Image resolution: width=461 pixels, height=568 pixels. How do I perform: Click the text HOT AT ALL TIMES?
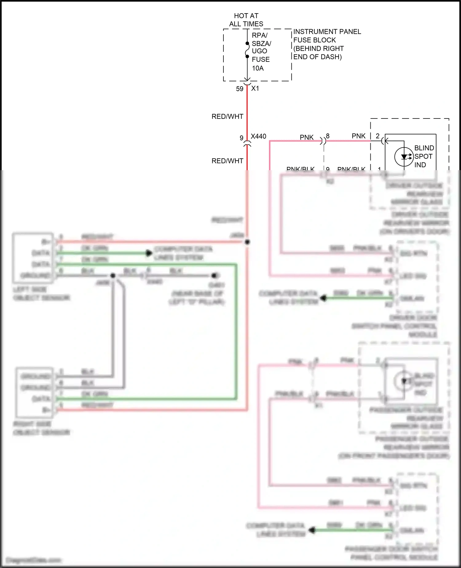tap(246, 20)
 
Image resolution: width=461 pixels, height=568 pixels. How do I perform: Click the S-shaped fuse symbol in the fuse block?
tap(247, 50)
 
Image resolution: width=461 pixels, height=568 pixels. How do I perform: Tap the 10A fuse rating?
tap(258, 68)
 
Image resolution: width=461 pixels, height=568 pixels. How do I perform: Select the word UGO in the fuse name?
tap(259, 51)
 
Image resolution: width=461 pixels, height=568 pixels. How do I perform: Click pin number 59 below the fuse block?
tap(240, 89)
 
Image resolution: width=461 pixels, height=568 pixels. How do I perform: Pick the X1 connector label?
tap(255, 89)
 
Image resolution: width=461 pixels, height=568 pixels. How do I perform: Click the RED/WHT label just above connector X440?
tap(227, 117)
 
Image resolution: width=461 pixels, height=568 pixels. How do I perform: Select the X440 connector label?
tap(258, 136)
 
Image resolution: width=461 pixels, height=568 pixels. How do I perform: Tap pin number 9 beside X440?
tap(242, 138)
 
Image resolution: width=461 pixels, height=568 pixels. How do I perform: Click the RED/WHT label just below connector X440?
tap(227, 161)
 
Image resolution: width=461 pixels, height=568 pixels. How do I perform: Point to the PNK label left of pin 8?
tap(307, 137)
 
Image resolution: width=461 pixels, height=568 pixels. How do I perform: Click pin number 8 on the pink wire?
tap(328, 136)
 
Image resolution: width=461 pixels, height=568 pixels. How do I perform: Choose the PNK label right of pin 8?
tap(359, 136)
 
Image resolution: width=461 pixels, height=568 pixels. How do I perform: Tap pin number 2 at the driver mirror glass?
tap(378, 136)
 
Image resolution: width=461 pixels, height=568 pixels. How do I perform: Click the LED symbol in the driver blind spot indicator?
tap(404, 157)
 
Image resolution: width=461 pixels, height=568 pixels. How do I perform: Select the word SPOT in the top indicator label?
tap(423, 157)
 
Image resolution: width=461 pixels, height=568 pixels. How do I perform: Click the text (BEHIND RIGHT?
tap(318, 49)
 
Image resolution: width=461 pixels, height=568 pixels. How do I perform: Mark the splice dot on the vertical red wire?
tap(247, 242)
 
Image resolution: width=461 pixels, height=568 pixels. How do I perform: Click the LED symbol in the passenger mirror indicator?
tap(404, 381)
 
